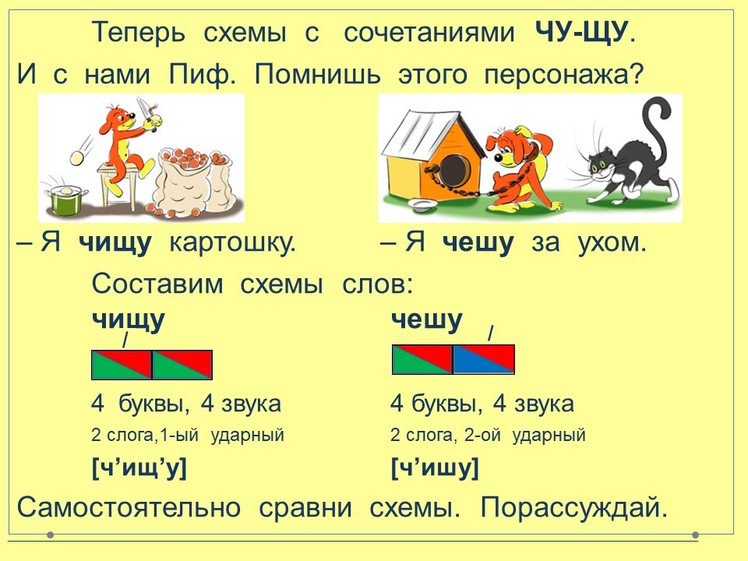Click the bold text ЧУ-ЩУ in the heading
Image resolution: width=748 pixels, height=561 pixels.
[580, 33]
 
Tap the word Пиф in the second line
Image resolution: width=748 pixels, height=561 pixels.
[202, 74]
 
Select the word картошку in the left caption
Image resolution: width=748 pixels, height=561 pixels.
[232, 242]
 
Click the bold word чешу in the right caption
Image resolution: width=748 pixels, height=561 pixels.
[478, 243]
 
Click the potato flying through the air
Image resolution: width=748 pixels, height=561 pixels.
[78, 157]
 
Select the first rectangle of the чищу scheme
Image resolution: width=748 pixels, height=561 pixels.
[122, 365]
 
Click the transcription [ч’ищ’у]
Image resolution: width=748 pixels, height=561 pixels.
[139, 468]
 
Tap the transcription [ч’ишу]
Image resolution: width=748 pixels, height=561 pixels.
[435, 468]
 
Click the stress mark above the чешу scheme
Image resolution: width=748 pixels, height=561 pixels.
[490, 333]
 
